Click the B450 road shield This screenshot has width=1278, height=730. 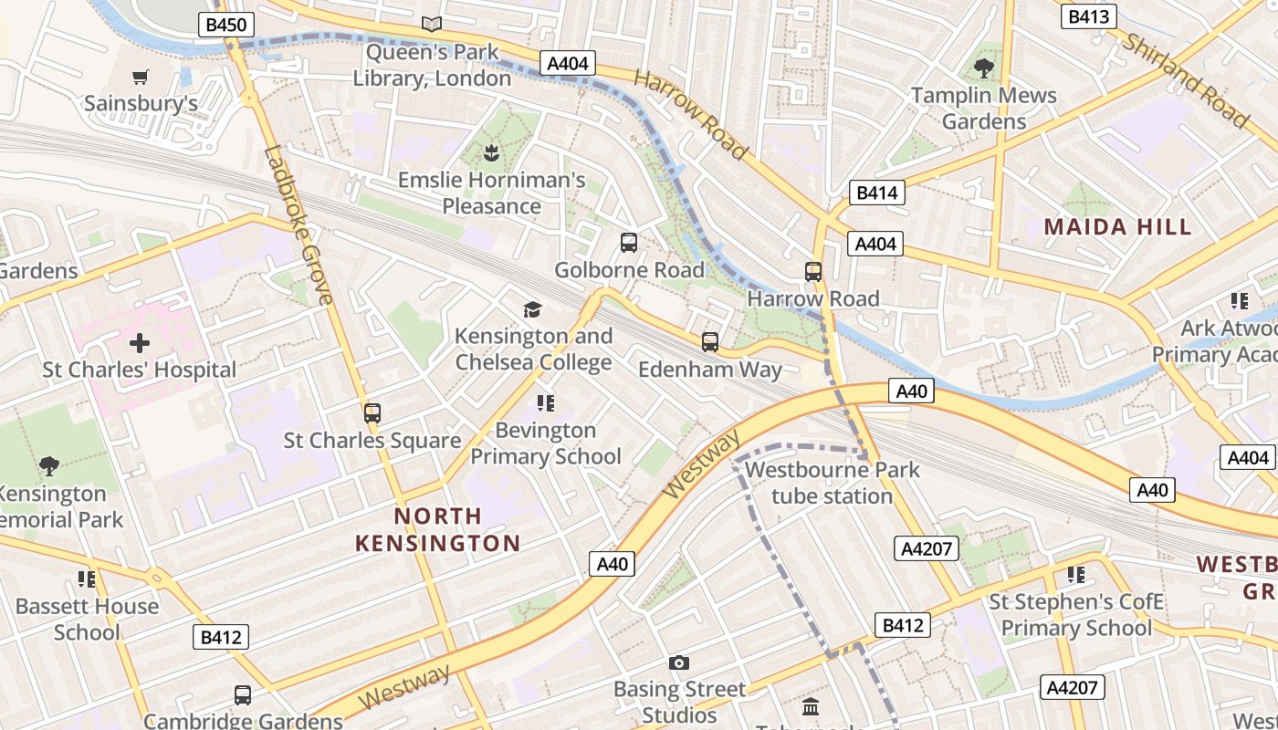pyautogui.click(x=225, y=25)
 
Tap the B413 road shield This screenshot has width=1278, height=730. pyautogui.click(x=1088, y=16)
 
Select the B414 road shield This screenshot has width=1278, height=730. pyautogui.click(x=876, y=193)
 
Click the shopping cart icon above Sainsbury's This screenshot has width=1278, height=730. pyautogui.click(x=140, y=77)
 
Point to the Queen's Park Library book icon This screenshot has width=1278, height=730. pyautogui.click(x=432, y=25)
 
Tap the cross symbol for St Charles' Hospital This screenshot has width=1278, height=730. pyautogui.click(x=140, y=343)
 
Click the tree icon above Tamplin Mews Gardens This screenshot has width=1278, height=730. pyautogui.click(x=983, y=68)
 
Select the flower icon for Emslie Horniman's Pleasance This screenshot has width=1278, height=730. pyautogui.click(x=491, y=152)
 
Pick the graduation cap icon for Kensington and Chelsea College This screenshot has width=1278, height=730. pyautogui.click(x=533, y=309)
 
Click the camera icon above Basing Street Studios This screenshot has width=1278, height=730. pyautogui.click(x=678, y=662)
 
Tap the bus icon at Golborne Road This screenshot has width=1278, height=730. pyautogui.click(x=629, y=243)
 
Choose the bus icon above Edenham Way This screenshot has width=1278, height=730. pyautogui.click(x=710, y=342)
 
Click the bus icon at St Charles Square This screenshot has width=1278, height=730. pyautogui.click(x=372, y=412)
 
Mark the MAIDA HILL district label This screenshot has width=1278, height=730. pyautogui.click(x=1117, y=227)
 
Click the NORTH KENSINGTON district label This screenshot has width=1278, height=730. pyautogui.click(x=437, y=530)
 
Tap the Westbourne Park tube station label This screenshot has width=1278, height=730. pyautogui.click(x=832, y=483)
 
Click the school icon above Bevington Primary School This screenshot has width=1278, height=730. pyautogui.click(x=546, y=402)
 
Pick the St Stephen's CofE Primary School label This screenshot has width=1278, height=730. pyautogui.click(x=1076, y=615)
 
